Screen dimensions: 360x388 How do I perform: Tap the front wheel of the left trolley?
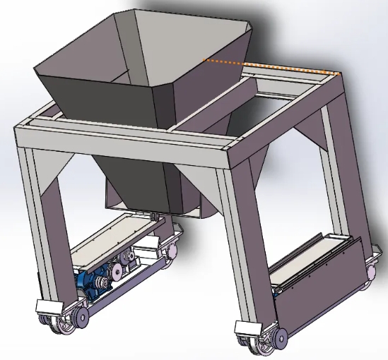click(74, 318)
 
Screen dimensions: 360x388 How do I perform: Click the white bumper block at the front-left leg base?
click(47, 308)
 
